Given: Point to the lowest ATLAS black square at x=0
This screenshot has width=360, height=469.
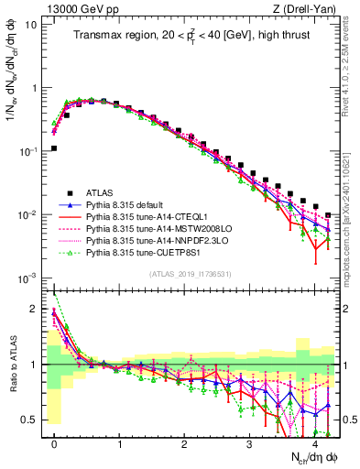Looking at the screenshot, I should click(x=55, y=147).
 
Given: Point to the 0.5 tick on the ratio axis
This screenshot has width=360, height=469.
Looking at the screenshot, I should click(x=35, y=420).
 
